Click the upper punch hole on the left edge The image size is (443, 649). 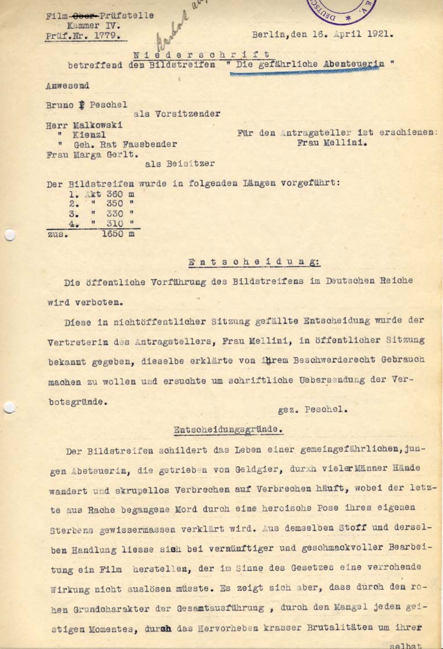pos(9,235)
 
